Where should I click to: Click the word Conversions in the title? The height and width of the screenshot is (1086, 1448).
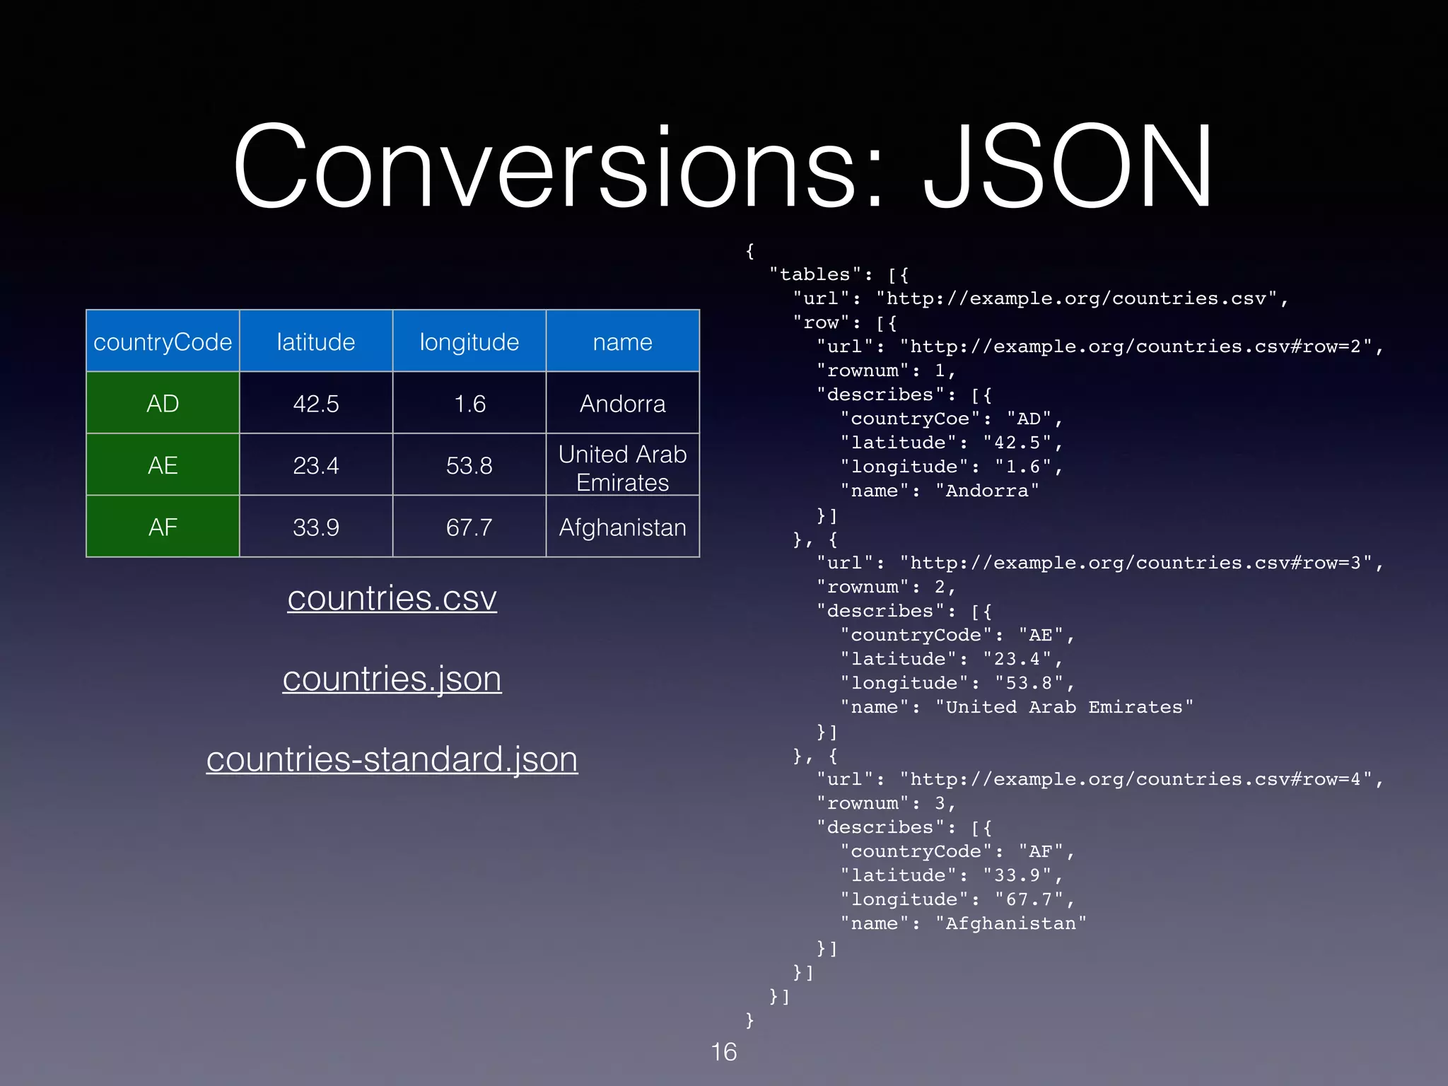[544, 167]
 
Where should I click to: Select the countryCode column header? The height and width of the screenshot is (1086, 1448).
[163, 342]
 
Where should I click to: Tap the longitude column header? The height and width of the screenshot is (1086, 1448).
[469, 342]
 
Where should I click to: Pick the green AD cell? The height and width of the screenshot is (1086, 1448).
[163, 404]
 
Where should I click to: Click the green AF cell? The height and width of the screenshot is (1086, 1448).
[163, 527]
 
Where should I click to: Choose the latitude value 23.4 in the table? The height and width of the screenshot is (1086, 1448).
[316, 466]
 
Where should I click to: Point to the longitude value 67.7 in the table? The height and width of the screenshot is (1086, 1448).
[469, 527]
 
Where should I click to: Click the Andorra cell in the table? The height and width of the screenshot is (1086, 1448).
[623, 404]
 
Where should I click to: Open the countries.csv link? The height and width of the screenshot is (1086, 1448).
[392, 599]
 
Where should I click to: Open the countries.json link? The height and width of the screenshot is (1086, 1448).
[392, 679]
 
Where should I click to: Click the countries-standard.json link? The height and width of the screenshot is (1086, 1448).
[392, 760]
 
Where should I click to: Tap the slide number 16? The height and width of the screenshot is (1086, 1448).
[724, 1052]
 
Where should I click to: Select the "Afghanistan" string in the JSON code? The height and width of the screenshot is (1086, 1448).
[1011, 924]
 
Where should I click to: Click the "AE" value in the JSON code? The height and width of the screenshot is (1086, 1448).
[1041, 636]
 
